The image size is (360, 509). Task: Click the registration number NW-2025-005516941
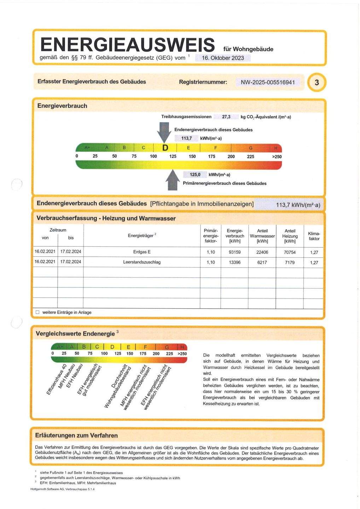click(x=268, y=82)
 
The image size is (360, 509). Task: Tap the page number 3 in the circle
click(x=317, y=82)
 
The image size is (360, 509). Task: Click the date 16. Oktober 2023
click(x=223, y=58)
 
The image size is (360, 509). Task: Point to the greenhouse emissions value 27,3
click(x=226, y=117)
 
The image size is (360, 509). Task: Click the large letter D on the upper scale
click(x=165, y=148)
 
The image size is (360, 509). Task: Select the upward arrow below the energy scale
click(x=173, y=180)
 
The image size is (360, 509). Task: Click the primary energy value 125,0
click(x=195, y=175)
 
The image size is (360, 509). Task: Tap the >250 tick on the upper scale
click(x=277, y=157)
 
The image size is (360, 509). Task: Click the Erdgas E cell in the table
click(x=142, y=252)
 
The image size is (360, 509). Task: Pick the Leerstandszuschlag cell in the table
click(x=142, y=262)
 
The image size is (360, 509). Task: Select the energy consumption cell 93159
click(x=235, y=252)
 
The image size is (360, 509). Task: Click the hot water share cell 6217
click(x=262, y=263)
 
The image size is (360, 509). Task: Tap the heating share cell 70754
click(x=290, y=252)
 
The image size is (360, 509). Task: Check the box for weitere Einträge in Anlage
click(x=37, y=312)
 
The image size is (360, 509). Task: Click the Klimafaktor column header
click(x=314, y=236)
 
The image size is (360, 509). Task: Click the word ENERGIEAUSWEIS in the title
click(x=128, y=45)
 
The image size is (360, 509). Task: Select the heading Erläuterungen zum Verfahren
click(x=76, y=435)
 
